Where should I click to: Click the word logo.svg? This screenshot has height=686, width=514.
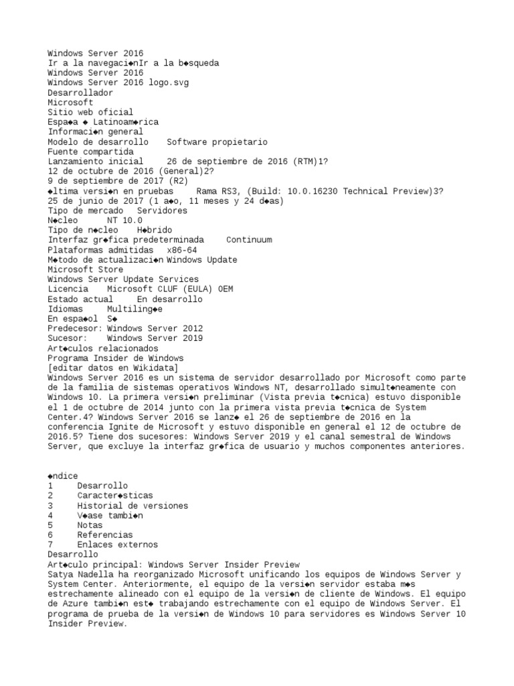click(168, 82)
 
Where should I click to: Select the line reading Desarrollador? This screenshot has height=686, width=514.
click(80, 92)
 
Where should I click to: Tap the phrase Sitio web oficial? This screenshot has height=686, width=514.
click(90, 112)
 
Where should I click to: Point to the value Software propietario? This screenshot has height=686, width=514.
click(217, 142)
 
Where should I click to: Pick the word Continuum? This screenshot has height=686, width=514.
click(249, 240)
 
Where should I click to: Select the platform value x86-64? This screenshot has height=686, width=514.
click(182, 250)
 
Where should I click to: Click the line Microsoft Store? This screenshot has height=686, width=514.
click(85, 269)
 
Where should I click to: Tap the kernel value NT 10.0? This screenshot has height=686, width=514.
click(124, 220)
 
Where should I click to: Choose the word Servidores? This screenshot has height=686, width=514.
click(162, 210)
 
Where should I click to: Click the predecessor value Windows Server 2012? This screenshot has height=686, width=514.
click(155, 329)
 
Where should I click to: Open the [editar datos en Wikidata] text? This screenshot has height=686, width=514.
click(112, 368)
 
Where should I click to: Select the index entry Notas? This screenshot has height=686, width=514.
click(90, 525)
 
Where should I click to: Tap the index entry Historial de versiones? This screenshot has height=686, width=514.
click(133, 505)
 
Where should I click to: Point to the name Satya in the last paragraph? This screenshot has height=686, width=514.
click(60, 574)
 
